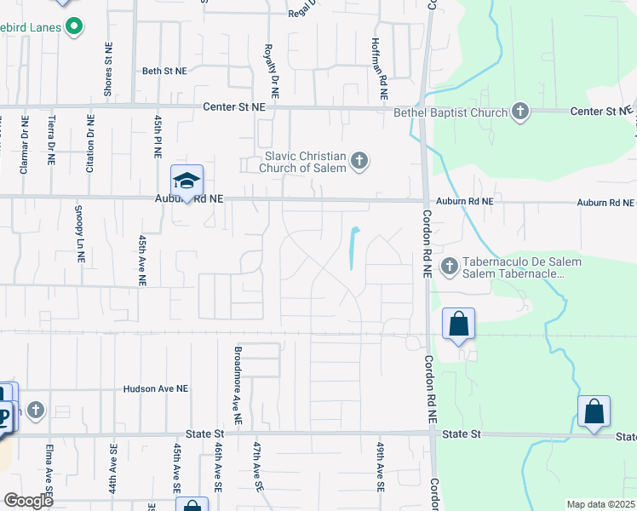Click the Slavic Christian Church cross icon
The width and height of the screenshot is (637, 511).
[359, 160]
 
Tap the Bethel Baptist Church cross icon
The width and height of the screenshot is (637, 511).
[520, 112]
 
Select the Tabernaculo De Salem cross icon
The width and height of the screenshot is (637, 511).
[449, 267]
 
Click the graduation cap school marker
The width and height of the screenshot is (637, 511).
[187, 181]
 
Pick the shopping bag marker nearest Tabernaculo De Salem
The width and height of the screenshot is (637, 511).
[458, 324]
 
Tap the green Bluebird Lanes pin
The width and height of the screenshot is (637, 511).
[73, 26]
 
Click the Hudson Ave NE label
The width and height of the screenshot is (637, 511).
[155, 388]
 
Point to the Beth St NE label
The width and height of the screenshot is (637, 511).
[164, 72]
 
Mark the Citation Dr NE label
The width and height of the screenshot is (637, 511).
[90, 145]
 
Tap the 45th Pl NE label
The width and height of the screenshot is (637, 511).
[158, 135]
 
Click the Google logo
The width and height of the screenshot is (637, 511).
[28, 501]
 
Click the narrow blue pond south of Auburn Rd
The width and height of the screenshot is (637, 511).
[353, 247]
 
